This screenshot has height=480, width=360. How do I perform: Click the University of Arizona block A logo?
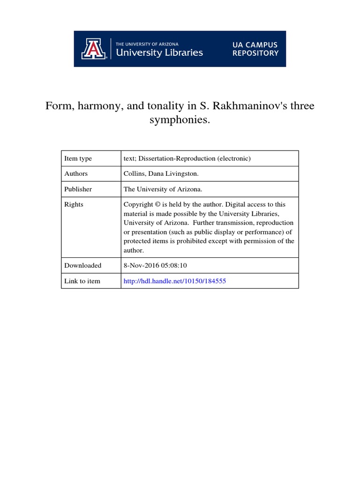tap(94, 49)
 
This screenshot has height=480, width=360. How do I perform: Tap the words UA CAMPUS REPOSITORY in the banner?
tap(255, 49)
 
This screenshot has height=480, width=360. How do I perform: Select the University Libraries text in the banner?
tap(159, 52)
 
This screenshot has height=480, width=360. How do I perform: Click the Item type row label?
tap(78, 158)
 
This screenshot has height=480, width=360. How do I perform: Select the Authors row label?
tap(76, 173)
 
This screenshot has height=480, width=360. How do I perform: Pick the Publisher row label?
tap(78, 189)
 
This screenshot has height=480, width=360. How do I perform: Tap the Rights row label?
tap(74, 204)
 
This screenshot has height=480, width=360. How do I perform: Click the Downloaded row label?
tap(82, 265)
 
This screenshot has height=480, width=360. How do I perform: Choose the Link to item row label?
tap(82, 281)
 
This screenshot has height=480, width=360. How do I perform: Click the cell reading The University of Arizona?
tap(163, 189)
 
